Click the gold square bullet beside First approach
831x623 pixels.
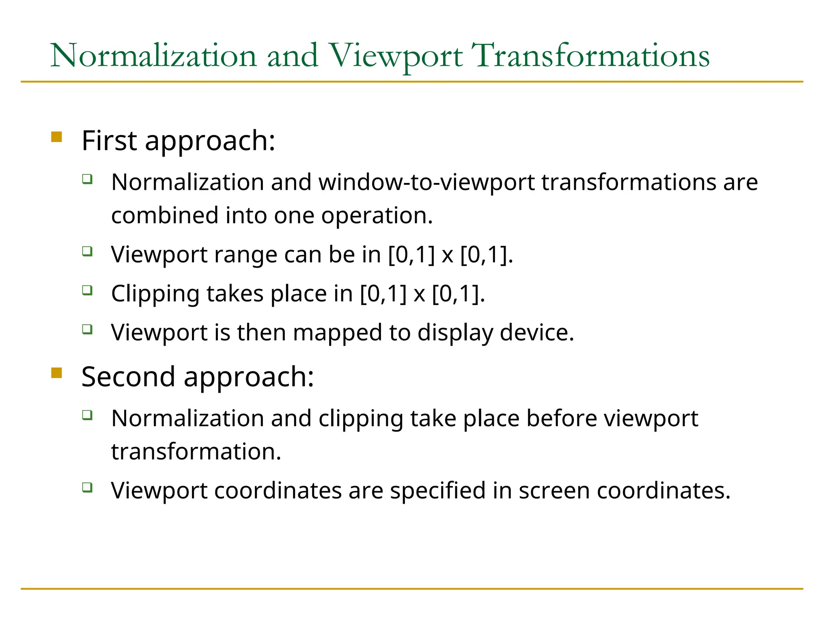(56, 137)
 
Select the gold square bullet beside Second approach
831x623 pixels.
(56, 372)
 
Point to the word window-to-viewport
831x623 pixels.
(426, 182)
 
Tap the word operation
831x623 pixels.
(377, 215)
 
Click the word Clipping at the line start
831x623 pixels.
(155, 294)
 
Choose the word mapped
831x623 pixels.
(337, 333)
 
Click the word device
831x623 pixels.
(537, 333)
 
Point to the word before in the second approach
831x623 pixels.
(561, 418)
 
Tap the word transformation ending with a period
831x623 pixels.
(196, 451)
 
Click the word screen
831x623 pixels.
(554, 491)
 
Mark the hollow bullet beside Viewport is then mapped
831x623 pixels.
(87, 329)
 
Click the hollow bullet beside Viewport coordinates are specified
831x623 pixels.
(87, 487)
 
